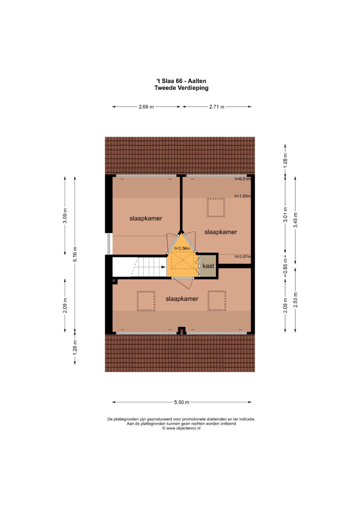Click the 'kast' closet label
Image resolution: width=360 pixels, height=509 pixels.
tap(208, 266)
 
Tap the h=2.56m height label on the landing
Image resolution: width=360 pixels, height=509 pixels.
tap(182, 248)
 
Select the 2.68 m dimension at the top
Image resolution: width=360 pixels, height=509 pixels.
tap(146, 107)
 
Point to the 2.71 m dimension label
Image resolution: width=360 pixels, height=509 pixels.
tap(217, 107)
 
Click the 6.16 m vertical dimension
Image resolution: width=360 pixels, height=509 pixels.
tap(75, 254)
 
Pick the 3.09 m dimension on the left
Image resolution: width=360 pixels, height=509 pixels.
tap(65, 216)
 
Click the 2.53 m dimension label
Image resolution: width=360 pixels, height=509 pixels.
tap(295, 299)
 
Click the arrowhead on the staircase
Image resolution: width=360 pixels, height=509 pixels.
tap(163, 267)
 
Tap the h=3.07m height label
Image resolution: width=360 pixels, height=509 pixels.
tap(243, 257)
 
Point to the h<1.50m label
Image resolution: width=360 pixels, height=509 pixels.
tap(243, 196)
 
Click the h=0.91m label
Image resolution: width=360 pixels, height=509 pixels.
tap(243, 179)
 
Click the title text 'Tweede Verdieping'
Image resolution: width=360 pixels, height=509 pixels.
tap(181, 88)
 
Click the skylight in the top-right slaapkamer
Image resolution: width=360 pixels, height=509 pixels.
tap(216, 207)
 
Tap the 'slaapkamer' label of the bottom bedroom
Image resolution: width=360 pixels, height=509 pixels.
tap(182, 299)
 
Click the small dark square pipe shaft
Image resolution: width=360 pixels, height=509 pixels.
tap(114, 281)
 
